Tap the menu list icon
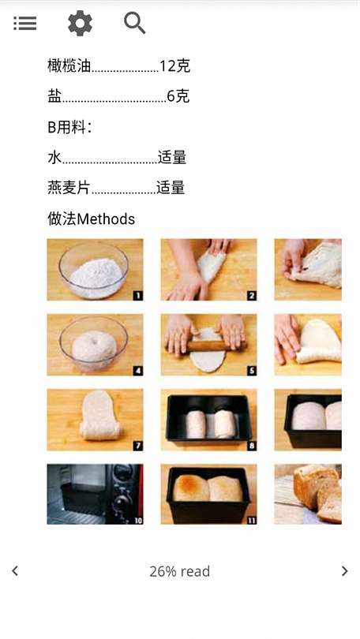25,23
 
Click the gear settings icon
80,23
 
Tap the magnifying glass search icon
134,23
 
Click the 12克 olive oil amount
174,66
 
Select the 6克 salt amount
178,96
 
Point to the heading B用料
69,127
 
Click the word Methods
106,219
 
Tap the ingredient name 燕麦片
69,188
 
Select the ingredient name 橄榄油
69,66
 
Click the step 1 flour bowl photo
95,270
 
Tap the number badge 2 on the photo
252,296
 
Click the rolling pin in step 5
206,346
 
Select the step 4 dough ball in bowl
94,346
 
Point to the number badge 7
138,446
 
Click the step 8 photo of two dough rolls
208,420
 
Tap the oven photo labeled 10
95,495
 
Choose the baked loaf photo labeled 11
208,495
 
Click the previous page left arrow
15,571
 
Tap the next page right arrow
344,571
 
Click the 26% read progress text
179,571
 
